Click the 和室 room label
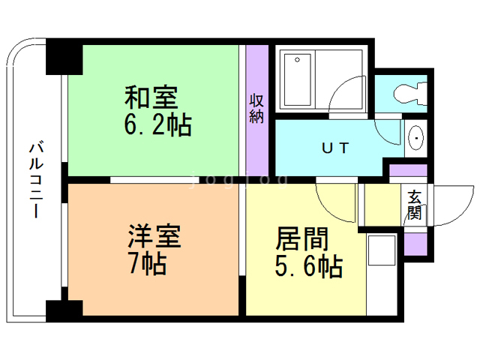151,97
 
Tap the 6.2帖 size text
158,124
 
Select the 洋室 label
154,236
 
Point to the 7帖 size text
148,263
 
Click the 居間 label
301,238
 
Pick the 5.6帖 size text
308,265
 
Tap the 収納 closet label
256,109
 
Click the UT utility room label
335,148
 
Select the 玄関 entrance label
415,205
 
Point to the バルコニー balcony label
36,179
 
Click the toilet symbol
411,92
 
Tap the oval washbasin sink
416,138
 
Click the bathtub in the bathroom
298,80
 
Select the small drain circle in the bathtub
297,60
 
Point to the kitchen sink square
382,250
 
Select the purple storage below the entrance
415,244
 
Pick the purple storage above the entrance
408,170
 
